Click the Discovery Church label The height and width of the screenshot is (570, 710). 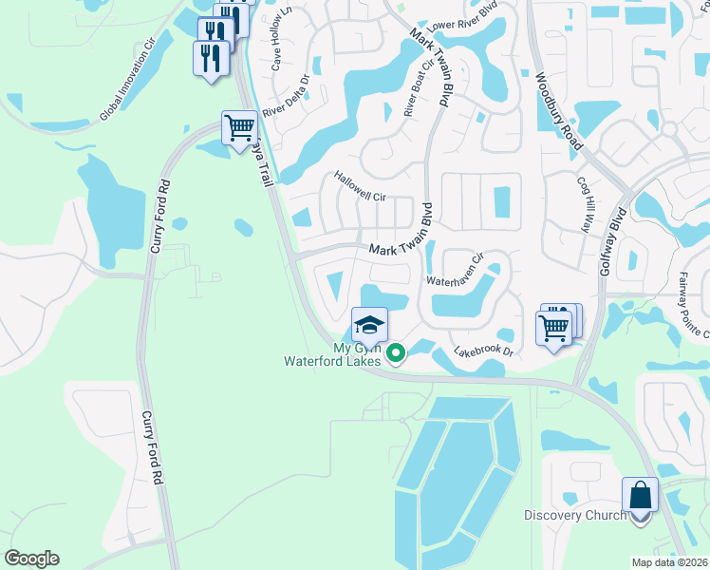tap(575, 516)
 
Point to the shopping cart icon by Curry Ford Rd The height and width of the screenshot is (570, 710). tap(239, 128)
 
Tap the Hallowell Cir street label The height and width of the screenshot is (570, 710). tap(360, 186)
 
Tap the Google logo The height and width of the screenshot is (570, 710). tap(31, 558)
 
